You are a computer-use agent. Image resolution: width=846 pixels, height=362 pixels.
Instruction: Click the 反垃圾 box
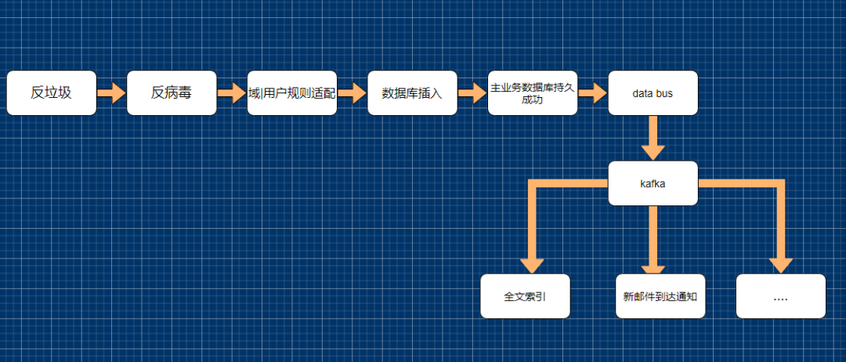[52, 93]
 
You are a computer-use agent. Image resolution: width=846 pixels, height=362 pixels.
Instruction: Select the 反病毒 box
[172, 93]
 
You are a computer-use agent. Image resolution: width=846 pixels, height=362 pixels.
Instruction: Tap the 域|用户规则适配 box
[292, 93]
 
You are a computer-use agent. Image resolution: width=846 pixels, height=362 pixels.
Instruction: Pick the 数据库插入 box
[412, 93]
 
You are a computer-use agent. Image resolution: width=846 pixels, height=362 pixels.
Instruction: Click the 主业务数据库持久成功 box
[533, 93]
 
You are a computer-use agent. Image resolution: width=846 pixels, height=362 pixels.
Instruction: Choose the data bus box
[653, 93]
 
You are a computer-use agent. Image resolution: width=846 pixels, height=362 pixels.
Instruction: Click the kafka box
[653, 183]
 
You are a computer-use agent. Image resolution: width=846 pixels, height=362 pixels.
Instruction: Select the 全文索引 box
[525, 296]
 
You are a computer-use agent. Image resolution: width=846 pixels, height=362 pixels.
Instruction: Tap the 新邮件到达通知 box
[660, 296]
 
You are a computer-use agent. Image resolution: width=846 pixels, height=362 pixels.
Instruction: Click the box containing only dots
[780, 296]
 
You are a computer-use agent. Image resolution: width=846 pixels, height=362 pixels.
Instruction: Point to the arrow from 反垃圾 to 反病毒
[112, 93]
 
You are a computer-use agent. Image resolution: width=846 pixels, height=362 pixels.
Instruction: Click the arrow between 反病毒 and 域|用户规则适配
[232, 93]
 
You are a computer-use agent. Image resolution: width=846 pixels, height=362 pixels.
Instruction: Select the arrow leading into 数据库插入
[352, 93]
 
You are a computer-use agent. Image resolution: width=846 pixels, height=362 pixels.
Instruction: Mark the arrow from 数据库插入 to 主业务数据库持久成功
[472, 93]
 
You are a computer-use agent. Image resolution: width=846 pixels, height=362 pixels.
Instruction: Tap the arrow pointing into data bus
[593, 93]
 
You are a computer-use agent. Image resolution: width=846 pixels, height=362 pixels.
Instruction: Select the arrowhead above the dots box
[780, 265]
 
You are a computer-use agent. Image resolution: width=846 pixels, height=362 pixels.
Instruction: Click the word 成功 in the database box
[533, 100]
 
